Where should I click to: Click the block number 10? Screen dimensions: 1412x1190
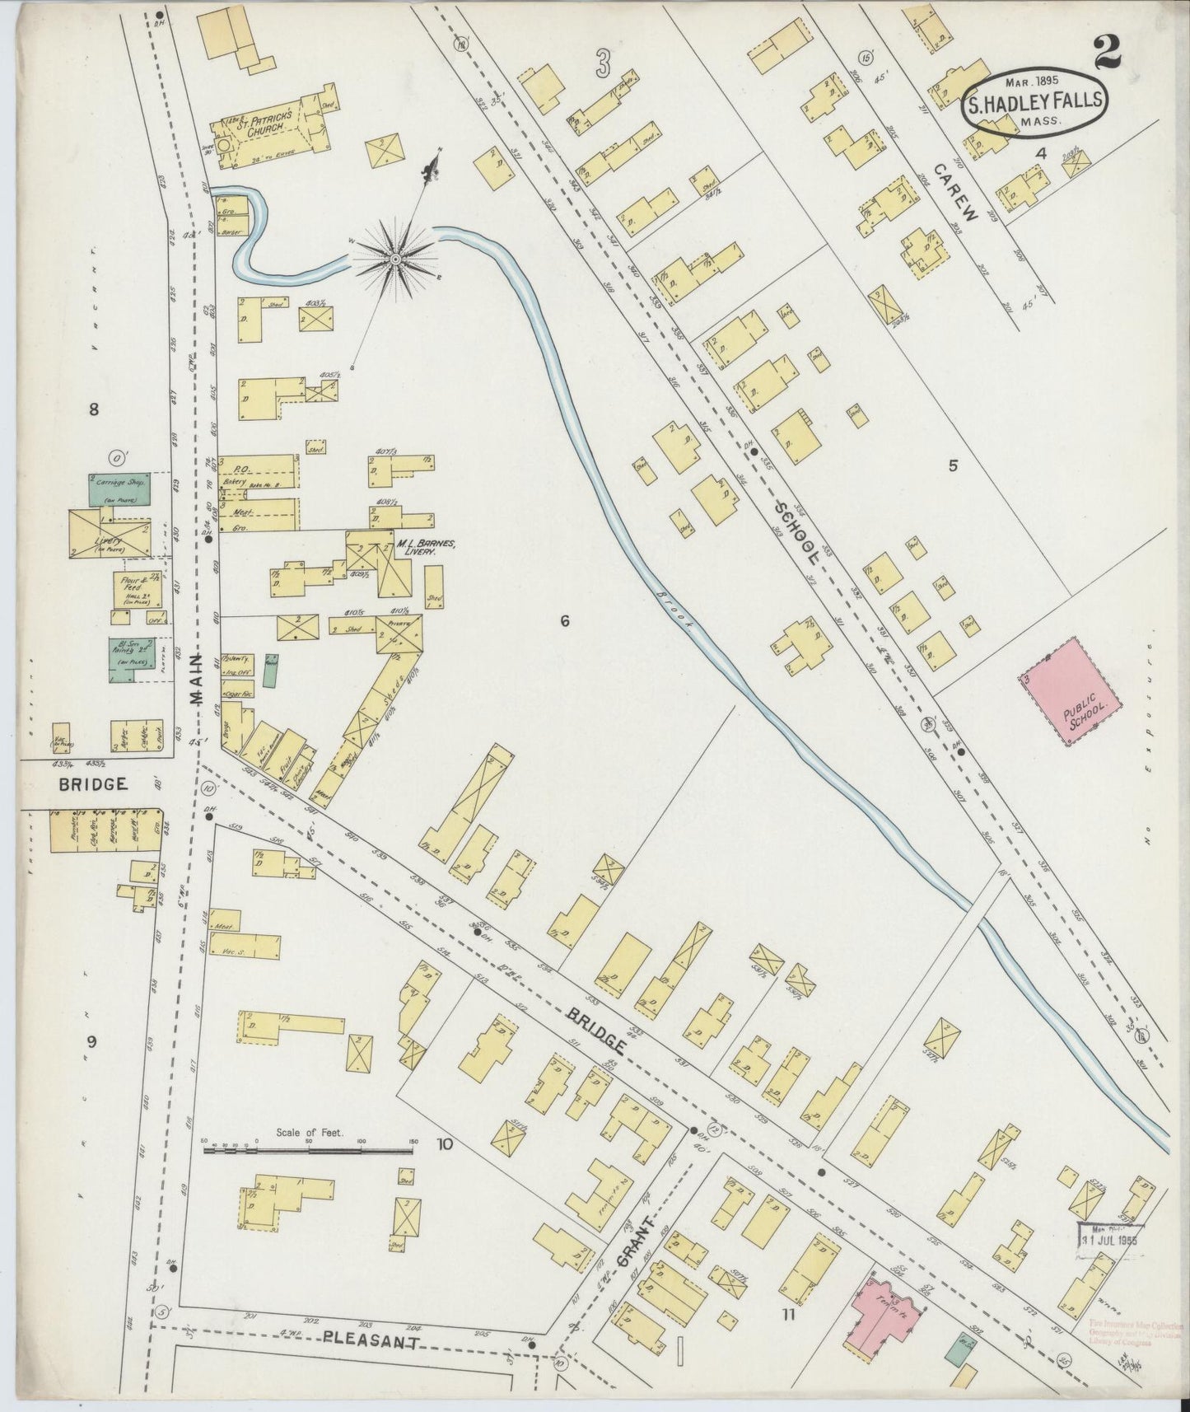click(446, 1143)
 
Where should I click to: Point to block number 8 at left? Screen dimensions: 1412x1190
click(94, 409)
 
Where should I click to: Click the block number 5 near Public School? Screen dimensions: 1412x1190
click(954, 465)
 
